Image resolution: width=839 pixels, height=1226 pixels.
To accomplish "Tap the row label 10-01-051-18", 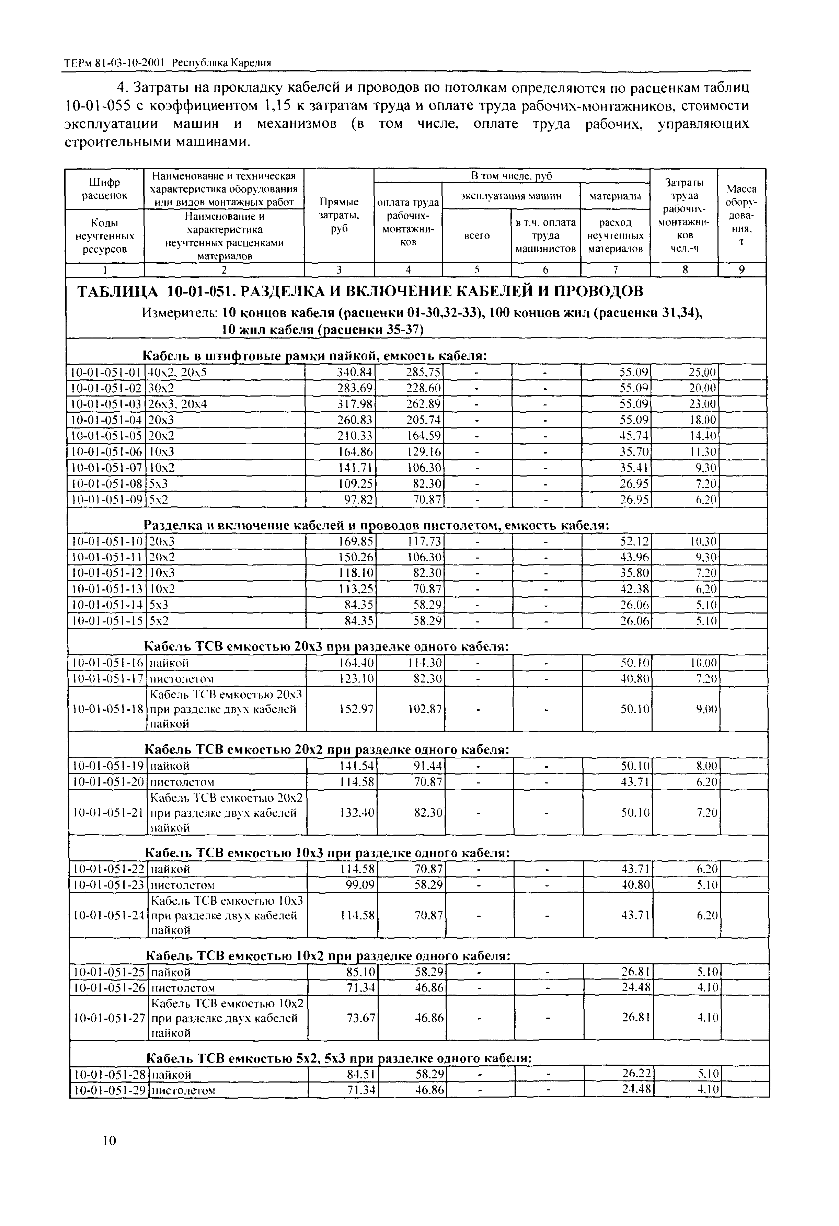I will pos(107,709).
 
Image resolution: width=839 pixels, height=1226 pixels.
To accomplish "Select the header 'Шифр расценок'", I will pos(104,188).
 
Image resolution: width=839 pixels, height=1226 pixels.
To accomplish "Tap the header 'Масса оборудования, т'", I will pos(742,215).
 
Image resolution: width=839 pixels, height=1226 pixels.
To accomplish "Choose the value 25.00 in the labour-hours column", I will pos(702,373).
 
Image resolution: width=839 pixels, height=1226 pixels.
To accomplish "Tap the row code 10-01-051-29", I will pos(108,1090).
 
